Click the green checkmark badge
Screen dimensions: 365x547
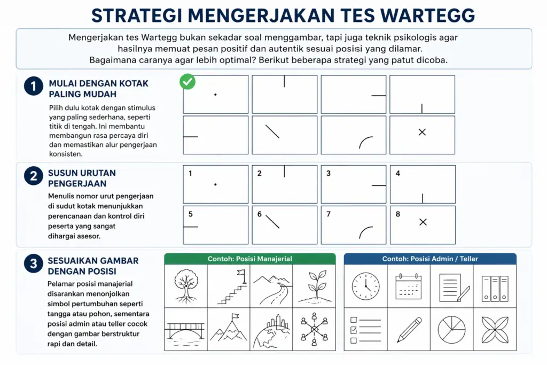click(187, 82)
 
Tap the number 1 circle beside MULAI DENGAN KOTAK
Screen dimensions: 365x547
click(33, 86)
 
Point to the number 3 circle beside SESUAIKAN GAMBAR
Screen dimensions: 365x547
click(33, 263)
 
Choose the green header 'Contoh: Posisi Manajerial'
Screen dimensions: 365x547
click(250, 259)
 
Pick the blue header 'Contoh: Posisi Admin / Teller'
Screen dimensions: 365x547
click(430, 259)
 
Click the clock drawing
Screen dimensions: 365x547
click(365, 286)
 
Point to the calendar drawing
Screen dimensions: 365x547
click(408, 286)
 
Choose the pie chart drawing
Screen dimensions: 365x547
click(451, 329)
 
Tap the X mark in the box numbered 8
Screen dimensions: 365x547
click(423, 222)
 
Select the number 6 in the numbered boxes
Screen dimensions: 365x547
click(260, 214)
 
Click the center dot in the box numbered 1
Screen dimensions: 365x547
click(215, 185)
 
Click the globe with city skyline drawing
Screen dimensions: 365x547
click(271, 330)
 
